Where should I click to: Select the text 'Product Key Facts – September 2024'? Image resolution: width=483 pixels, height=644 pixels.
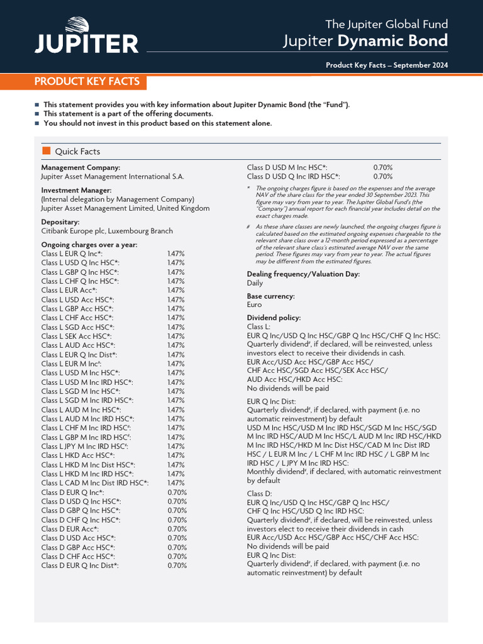tap(387, 65)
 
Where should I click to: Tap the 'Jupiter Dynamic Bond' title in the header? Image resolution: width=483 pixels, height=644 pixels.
tap(365, 42)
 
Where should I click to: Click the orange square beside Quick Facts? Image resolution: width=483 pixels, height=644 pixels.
tap(46, 151)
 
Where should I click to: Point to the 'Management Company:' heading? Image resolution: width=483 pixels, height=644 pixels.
tap(80, 168)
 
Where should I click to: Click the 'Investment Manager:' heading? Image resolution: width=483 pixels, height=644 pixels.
tap(76, 190)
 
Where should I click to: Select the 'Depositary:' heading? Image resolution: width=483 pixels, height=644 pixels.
tap(60, 222)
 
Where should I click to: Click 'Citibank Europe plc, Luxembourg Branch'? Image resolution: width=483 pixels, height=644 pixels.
tap(107, 231)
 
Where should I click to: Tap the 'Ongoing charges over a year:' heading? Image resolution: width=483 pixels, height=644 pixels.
tap(89, 245)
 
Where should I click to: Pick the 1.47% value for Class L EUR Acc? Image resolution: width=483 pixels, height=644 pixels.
tap(175, 291)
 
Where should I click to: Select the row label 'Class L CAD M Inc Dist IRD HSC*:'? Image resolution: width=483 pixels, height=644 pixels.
tap(95, 483)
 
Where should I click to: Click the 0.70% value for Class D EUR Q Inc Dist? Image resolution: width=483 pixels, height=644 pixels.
tap(177, 565)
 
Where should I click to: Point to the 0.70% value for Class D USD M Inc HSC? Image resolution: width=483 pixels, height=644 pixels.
tap(383, 168)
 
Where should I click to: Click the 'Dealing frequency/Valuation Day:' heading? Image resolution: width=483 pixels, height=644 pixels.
tap(303, 274)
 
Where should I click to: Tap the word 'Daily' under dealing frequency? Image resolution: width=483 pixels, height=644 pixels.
tap(255, 283)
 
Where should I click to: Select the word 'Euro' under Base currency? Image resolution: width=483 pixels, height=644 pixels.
tap(254, 304)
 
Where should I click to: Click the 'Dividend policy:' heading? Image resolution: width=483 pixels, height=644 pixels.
tap(274, 318)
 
